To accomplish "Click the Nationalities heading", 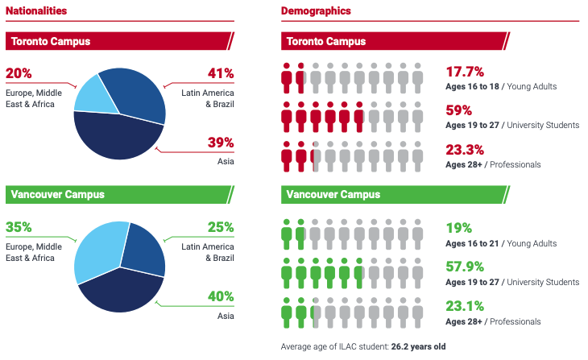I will click(36, 10).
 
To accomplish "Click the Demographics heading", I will click(316, 10).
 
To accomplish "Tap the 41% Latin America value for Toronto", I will click(220, 73).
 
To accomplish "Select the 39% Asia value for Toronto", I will click(220, 143).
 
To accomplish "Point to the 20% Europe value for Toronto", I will click(19, 73).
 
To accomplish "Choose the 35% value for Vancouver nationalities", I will click(19, 228).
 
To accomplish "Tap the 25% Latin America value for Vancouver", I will click(220, 228).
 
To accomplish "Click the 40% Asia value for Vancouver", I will click(220, 296).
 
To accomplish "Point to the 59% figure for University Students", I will click(460, 110).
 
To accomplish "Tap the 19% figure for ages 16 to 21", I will click(460, 228).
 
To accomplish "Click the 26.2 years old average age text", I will click(418, 346).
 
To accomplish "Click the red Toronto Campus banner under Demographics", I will click(394, 41).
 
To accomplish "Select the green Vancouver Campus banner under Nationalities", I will click(118, 194).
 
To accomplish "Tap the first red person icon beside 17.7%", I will click(287, 77).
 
